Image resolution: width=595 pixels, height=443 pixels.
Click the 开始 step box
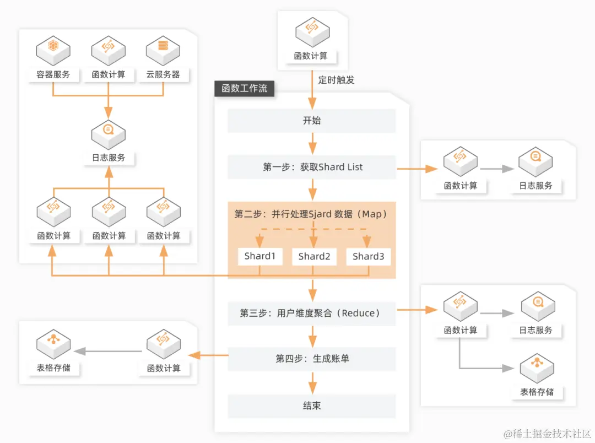click(311, 121)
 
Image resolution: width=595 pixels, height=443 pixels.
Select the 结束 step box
click(311, 406)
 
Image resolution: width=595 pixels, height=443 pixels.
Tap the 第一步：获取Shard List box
click(311, 167)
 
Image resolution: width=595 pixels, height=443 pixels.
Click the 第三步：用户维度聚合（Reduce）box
click(311, 313)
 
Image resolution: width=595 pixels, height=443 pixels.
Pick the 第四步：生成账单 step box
click(311, 359)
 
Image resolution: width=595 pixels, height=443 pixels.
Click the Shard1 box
click(259, 256)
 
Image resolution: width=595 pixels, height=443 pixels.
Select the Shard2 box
click(314, 256)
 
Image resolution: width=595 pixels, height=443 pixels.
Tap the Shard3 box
click(368, 256)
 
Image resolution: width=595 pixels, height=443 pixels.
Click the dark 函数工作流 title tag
click(244, 88)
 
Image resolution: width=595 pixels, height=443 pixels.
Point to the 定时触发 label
click(336, 80)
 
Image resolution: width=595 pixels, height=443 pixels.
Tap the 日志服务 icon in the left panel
click(109, 134)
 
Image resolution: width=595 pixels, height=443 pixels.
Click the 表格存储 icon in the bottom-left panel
click(53, 345)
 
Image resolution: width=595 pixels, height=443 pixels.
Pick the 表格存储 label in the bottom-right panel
click(537, 392)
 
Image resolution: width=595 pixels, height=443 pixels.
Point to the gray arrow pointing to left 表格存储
click(108, 351)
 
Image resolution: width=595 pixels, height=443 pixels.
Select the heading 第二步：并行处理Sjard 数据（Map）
click(311, 214)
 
